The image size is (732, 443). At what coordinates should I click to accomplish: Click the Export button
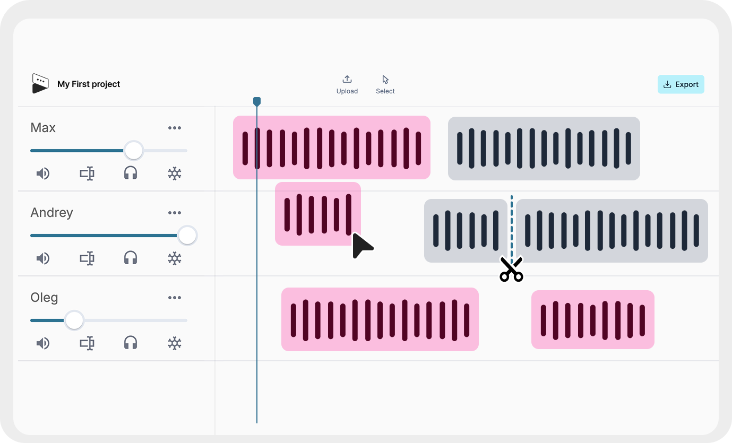[681, 84]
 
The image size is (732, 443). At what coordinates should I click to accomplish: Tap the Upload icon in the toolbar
[347, 80]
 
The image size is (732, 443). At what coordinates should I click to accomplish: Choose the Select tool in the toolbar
[385, 80]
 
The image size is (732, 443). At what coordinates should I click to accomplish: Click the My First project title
[89, 84]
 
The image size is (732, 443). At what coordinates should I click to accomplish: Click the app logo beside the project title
[40, 84]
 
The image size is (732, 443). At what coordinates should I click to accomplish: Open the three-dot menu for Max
[175, 128]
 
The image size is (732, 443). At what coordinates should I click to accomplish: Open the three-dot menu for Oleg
[175, 298]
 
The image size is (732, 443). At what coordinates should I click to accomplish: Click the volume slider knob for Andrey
[187, 236]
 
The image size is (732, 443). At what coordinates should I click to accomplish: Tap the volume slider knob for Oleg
[74, 320]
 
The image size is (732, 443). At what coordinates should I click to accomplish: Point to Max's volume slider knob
[133, 151]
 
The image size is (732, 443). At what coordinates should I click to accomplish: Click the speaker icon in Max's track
[42, 173]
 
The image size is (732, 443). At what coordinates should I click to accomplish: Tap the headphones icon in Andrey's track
[131, 258]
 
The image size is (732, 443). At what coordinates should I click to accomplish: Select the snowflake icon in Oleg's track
[175, 343]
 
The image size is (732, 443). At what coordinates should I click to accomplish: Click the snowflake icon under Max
[175, 173]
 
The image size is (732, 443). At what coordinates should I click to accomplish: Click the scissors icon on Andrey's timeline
[511, 270]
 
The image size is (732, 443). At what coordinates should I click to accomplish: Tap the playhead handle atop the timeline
[257, 101]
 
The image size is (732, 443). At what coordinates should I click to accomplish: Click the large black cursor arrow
[361, 246]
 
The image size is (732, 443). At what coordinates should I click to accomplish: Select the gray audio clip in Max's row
[544, 148]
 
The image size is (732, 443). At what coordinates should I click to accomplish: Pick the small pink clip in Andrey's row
[317, 213]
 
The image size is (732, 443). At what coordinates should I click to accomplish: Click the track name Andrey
[51, 213]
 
